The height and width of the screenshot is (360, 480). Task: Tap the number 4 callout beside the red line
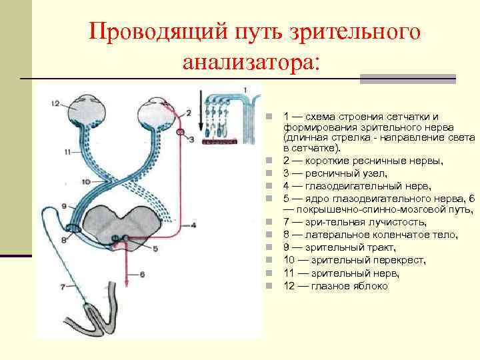click(193, 225)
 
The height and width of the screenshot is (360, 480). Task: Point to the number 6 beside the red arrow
click(142, 274)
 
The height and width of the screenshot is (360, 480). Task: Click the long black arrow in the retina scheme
click(201, 113)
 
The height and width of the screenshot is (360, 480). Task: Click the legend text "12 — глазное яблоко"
click(335, 285)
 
